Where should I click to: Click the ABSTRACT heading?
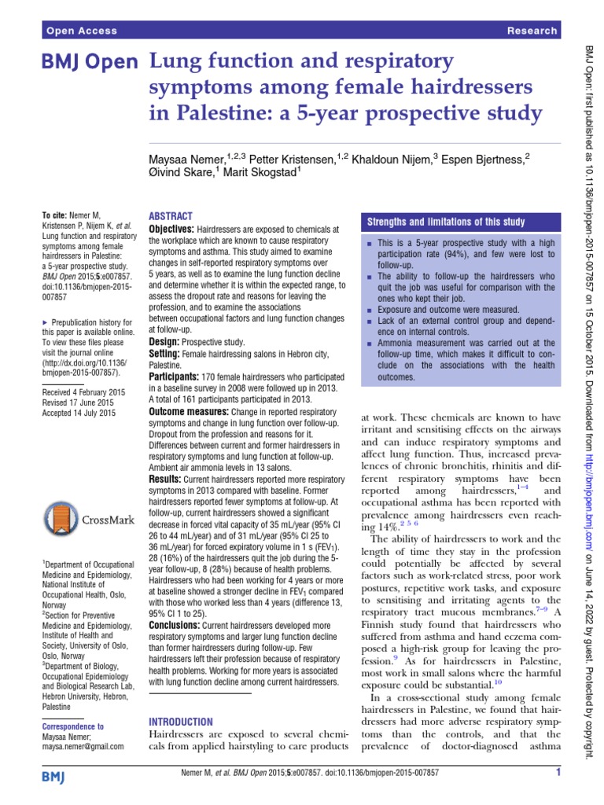coord(171,216)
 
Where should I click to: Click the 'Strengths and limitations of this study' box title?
coord(447,222)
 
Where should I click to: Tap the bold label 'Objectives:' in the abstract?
coord(172,229)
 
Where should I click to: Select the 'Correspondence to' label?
coord(74,727)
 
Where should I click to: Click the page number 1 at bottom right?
coord(556,773)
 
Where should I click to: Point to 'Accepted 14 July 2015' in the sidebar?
coord(79,412)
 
